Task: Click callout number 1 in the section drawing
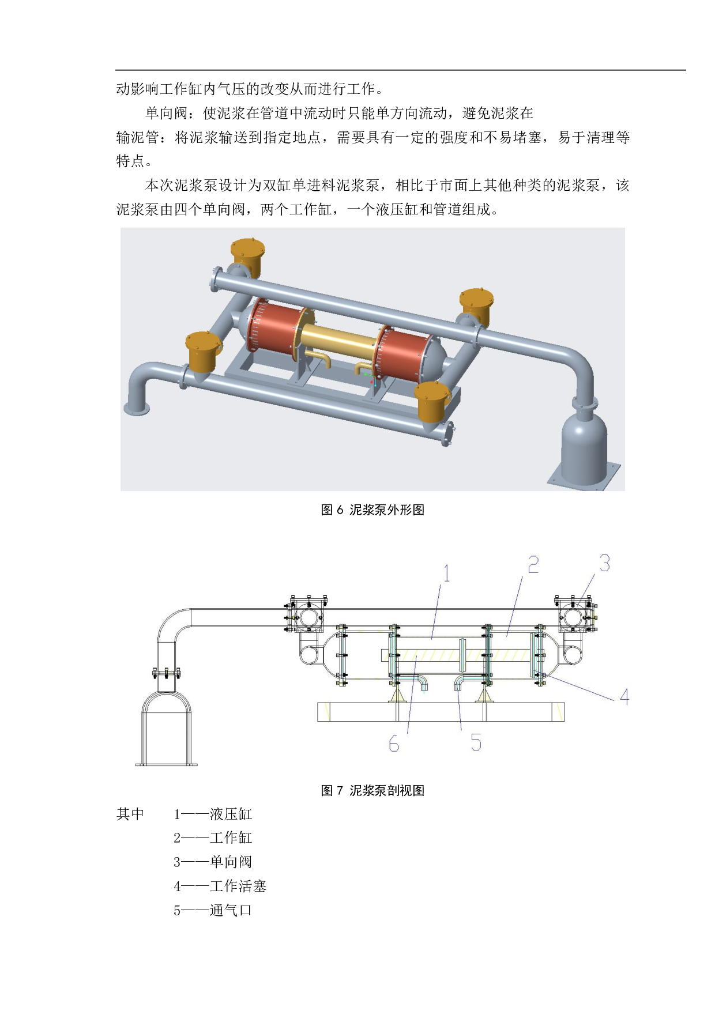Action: tap(446, 574)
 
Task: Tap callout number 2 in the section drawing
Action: tap(533, 564)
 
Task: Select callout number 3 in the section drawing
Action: tap(604, 563)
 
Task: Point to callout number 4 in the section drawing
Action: tap(624, 697)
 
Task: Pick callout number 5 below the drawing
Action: tap(476, 742)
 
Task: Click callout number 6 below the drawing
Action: tap(394, 744)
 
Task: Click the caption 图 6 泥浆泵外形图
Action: tap(372, 510)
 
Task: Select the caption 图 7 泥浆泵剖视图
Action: tap(372, 790)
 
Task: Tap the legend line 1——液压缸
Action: tap(213, 814)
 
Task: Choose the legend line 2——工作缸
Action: tap(213, 838)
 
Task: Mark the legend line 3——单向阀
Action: tap(213, 862)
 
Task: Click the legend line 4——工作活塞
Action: tap(220, 886)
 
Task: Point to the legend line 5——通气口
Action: tap(213, 910)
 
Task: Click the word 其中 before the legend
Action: tap(130, 814)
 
